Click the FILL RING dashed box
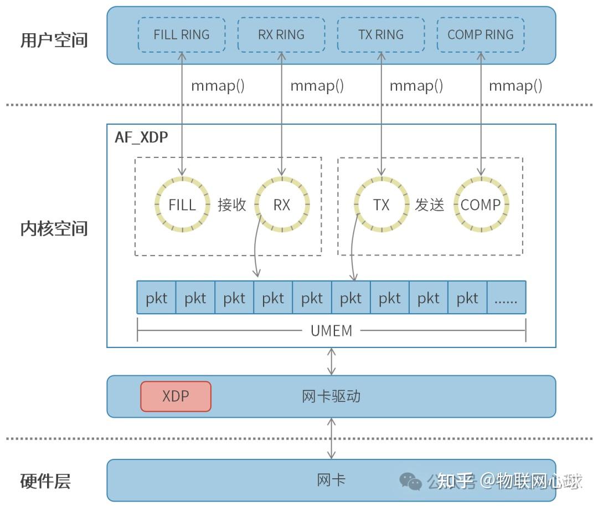point(182,34)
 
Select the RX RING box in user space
point(281,34)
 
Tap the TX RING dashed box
point(381,34)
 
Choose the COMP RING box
point(480,34)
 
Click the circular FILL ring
point(182,205)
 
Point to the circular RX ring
point(282,205)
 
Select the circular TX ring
point(382,205)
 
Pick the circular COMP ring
point(481,205)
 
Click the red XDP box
point(176,396)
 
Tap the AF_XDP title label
point(141,137)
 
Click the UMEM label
point(331,331)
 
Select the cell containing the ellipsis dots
point(506,298)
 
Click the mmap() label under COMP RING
point(515,85)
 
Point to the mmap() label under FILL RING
point(218,85)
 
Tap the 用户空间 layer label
point(54,40)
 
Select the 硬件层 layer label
point(45,481)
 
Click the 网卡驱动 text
point(331,396)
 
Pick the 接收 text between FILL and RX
point(232,205)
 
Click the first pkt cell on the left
point(157,298)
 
